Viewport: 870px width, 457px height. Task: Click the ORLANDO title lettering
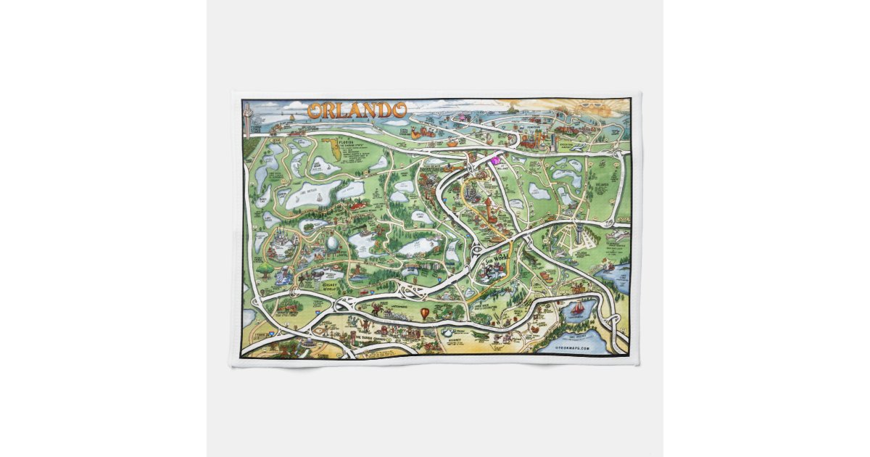(x=356, y=110)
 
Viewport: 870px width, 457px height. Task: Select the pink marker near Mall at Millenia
(x=496, y=160)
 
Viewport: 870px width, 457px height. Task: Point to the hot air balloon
(x=423, y=314)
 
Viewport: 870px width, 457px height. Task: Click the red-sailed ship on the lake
(x=577, y=310)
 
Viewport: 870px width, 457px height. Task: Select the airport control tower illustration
(x=577, y=234)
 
